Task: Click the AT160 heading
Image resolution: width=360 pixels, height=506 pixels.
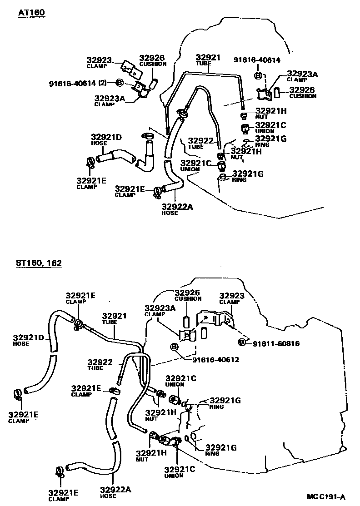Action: point(31,13)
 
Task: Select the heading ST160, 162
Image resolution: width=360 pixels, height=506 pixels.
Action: point(39,263)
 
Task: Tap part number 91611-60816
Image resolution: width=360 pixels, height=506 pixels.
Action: point(277,343)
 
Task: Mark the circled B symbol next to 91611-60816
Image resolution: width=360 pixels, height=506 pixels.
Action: point(242,342)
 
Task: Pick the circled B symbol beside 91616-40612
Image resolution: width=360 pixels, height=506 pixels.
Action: point(174,347)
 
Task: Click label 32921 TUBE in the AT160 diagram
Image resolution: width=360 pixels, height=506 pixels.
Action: point(208,60)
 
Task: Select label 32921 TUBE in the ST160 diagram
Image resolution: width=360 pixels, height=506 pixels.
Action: point(114,318)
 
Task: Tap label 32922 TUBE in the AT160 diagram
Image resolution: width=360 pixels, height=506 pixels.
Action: point(200,143)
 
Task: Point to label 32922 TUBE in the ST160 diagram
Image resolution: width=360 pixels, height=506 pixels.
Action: point(100,364)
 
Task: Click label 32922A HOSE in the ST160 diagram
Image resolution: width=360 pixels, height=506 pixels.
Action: point(115,491)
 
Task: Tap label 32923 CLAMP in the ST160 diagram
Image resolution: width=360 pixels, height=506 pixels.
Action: point(232,298)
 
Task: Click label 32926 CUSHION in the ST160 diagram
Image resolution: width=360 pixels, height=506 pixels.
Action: point(188,295)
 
